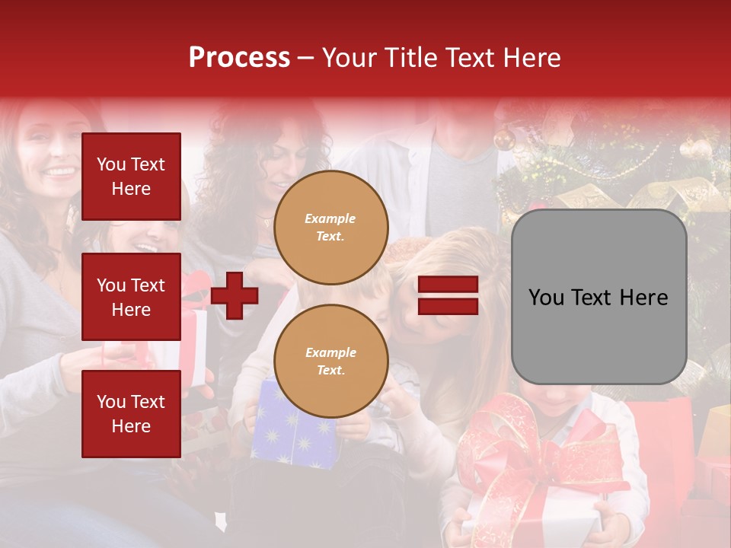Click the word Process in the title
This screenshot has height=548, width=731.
[239, 58]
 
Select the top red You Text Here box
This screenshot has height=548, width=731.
[131, 177]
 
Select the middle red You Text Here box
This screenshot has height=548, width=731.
[131, 297]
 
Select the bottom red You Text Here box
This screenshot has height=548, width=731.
[131, 413]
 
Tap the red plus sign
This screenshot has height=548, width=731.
[235, 296]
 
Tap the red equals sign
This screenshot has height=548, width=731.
[448, 296]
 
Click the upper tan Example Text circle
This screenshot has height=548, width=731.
[331, 228]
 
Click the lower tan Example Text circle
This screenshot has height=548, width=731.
[331, 362]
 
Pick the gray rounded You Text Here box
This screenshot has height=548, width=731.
[599, 297]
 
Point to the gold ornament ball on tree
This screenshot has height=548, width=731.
[503, 139]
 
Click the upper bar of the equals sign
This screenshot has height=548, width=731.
[448, 285]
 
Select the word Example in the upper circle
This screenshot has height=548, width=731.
[330, 218]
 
